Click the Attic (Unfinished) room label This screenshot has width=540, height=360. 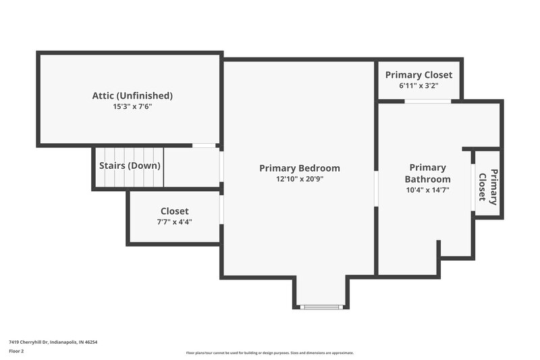click(x=132, y=95)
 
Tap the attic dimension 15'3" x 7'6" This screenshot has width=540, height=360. click(x=132, y=107)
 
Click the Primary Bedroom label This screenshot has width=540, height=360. click(x=300, y=168)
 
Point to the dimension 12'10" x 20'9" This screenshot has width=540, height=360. click(x=300, y=179)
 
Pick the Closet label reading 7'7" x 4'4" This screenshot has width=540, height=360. click(x=174, y=211)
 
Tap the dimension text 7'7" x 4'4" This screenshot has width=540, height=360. click(x=174, y=222)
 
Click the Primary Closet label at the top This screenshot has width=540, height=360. click(x=418, y=75)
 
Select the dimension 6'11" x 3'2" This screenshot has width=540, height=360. click(x=418, y=86)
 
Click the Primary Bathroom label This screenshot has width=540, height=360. click(x=427, y=173)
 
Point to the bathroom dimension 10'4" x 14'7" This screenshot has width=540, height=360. click(x=427, y=190)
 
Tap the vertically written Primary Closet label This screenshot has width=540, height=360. click(x=488, y=185)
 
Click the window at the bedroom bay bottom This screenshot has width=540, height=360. click(x=322, y=307)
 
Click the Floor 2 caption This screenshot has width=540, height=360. click(x=16, y=351)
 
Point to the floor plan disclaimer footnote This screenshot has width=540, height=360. click(x=270, y=353)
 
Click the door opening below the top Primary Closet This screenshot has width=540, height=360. click(x=427, y=101)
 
